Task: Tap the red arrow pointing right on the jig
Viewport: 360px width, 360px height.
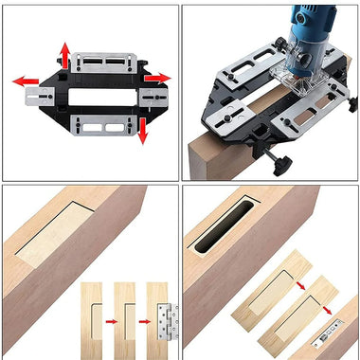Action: [160, 77]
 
